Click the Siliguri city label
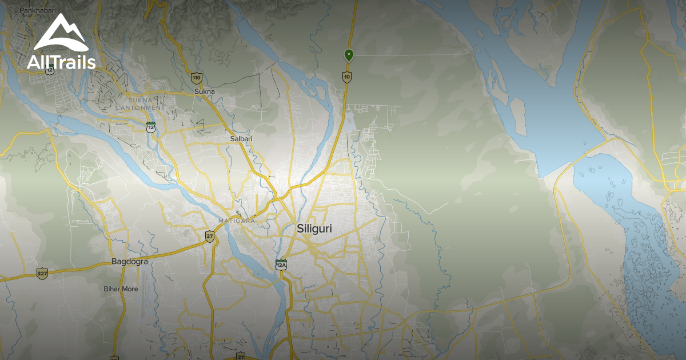click(x=314, y=229)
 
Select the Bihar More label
click(x=121, y=289)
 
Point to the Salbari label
click(x=241, y=138)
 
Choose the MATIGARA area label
click(x=233, y=220)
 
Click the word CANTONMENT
click(x=139, y=107)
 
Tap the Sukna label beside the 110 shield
click(x=204, y=91)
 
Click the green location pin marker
click(x=349, y=55)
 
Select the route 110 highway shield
click(x=197, y=77)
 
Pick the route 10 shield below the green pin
click(x=347, y=76)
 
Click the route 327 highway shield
click(x=42, y=273)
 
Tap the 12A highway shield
click(x=281, y=265)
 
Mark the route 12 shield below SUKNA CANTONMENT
click(x=151, y=127)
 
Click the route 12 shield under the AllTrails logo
click(x=50, y=69)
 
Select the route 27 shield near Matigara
click(x=210, y=236)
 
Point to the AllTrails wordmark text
click(x=61, y=62)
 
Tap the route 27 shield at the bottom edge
click(x=241, y=357)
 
